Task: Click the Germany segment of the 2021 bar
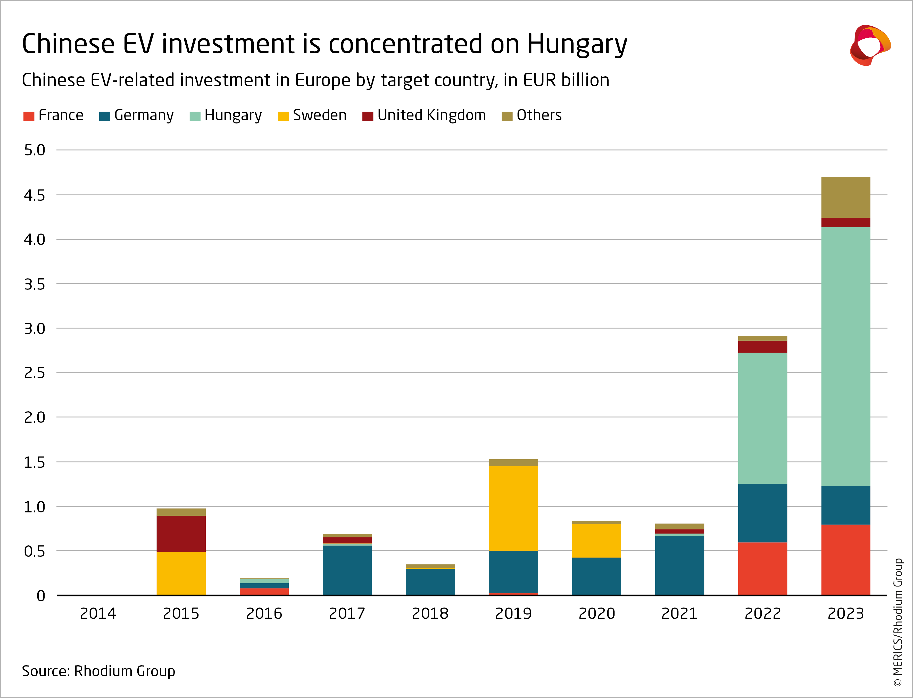click(679, 566)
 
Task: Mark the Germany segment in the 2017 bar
click(347, 570)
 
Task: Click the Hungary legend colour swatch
click(195, 116)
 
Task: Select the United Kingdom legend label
click(431, 115)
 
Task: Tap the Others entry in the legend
click(539, 115)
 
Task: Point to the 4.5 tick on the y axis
click(35, 195)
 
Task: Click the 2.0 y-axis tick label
click(35, 417)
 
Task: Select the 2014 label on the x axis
click(98, 613)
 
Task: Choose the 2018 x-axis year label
click(430, 613)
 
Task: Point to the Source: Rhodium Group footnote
click(98, 671)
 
